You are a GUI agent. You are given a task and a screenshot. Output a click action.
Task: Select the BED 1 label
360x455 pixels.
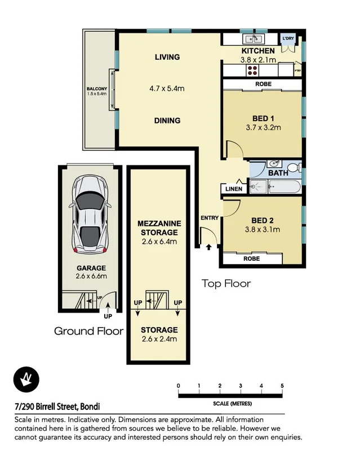263,118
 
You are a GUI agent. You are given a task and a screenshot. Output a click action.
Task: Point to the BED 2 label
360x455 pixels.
263,220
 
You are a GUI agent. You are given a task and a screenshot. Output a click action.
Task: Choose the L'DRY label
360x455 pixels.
289,38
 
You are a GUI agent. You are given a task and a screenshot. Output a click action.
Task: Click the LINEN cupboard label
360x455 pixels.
234,189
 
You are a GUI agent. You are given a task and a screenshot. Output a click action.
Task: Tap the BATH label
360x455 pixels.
278,173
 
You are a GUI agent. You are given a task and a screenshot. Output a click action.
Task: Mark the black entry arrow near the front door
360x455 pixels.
210,246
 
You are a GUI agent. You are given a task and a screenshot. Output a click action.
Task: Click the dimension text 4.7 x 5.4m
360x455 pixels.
167,88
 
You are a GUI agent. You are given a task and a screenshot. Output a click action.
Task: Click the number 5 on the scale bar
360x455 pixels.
282,386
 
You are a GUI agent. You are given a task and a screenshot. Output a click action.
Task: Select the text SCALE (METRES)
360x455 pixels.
232,404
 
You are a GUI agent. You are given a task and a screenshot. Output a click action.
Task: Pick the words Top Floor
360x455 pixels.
226,283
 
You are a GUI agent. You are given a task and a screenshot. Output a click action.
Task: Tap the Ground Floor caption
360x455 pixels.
88,331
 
